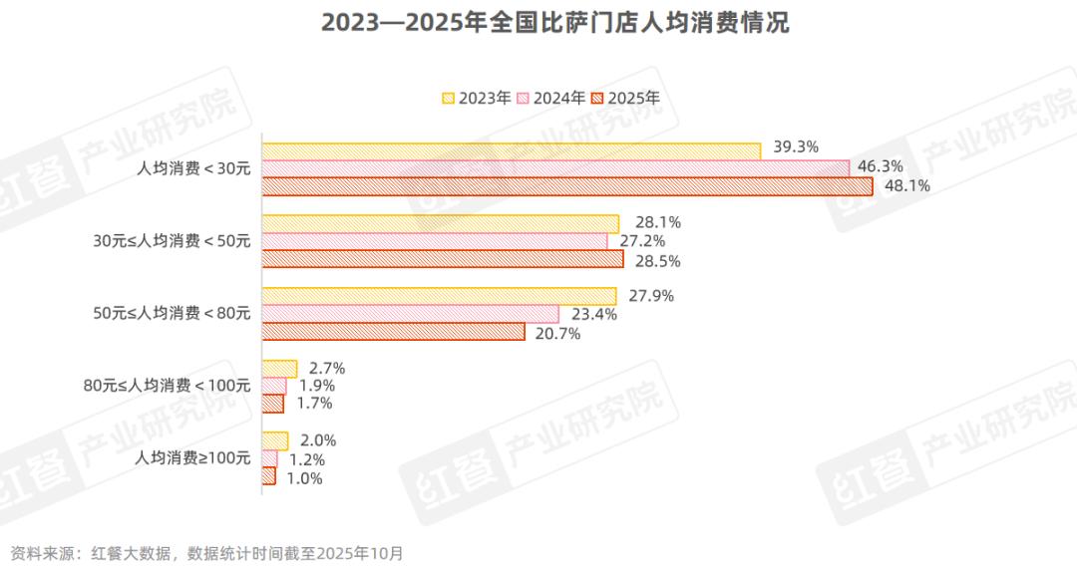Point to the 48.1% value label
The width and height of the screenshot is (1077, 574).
[907, 185]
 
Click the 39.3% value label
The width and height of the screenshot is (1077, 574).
[796, 147]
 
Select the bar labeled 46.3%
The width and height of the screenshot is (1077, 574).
[555, 167]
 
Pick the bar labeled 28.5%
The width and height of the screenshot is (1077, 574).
[443, 259]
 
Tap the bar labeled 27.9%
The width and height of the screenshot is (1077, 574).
[440, 296]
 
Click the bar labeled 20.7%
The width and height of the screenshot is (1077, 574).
[393, 332]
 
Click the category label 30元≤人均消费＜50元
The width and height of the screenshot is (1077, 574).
[172, 240]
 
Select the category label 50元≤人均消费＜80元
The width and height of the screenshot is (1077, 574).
[172, 313]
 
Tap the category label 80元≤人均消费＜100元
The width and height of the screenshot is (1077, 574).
[168, 386]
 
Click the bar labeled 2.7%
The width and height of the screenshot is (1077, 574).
[279, 369]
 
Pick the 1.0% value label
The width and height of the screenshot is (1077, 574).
[304, 478]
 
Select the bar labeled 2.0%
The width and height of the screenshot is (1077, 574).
[274, 440]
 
